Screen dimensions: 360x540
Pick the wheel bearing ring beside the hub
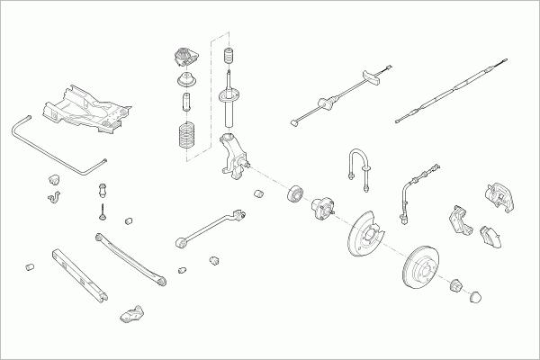294,194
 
